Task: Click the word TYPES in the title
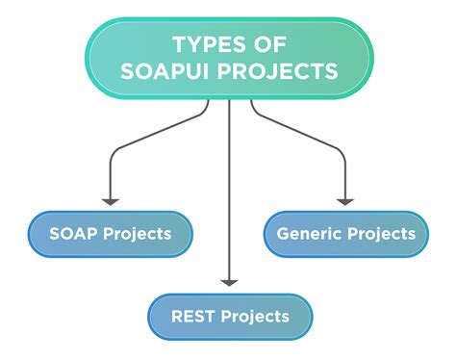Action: [x=207, y=44]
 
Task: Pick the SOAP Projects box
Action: [x=111, y=234]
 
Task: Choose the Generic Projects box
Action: [x=345, y=234]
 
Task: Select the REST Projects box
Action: [x=230, y=317]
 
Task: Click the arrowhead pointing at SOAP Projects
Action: [x=112, y=200]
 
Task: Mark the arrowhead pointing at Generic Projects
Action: [x=344, y=200]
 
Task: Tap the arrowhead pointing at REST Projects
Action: [x=229, y=281]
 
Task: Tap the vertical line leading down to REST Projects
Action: [x=229, y=193]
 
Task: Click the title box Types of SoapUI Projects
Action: [x=229, y=58]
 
